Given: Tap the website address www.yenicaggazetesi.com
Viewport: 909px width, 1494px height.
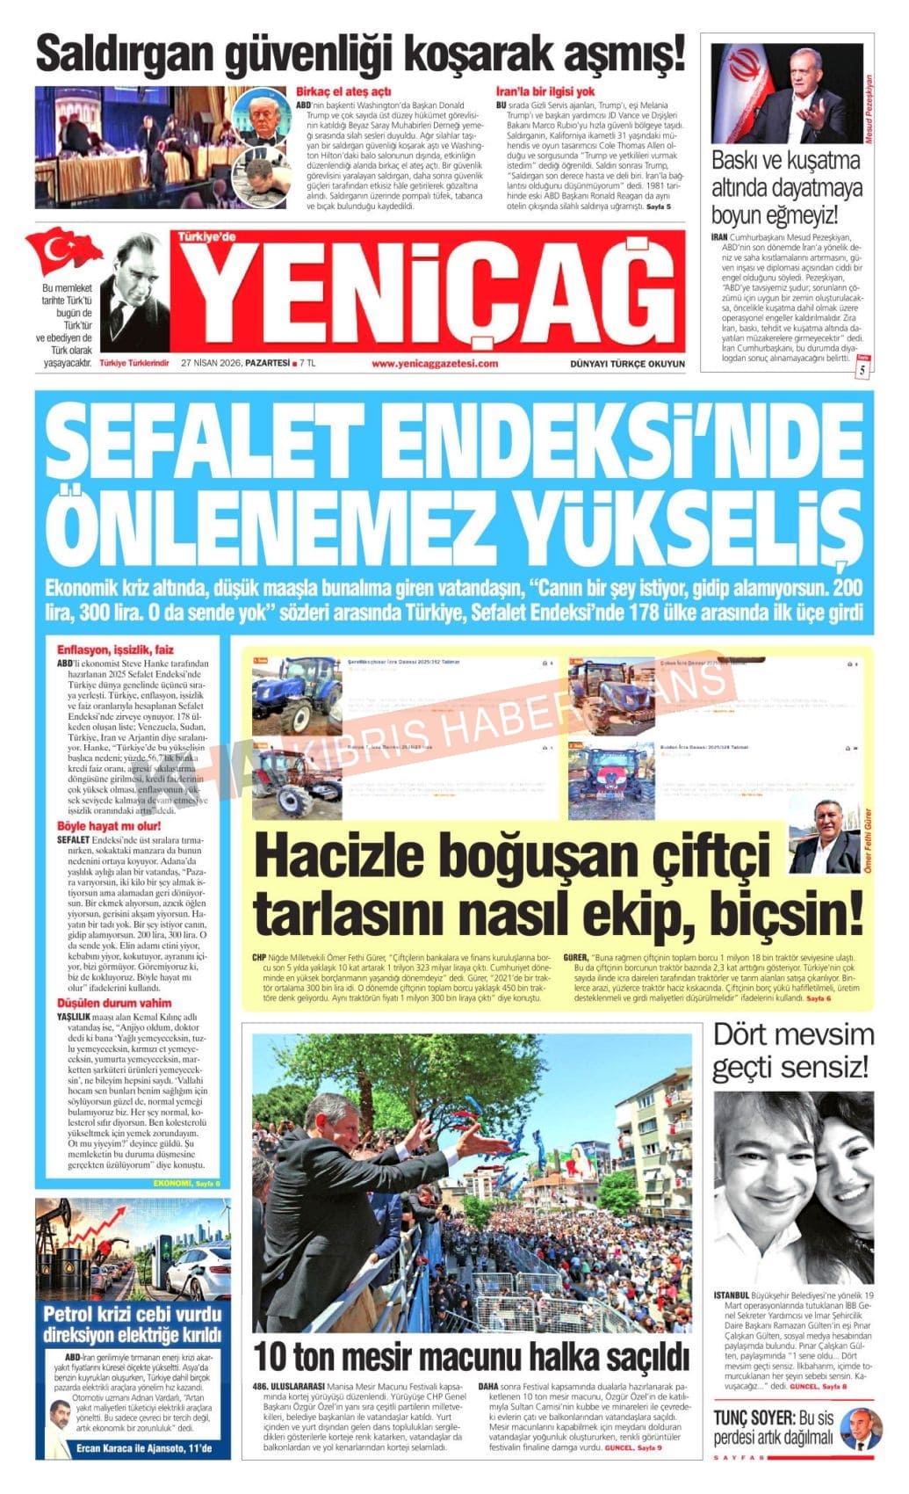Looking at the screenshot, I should coord(434,363).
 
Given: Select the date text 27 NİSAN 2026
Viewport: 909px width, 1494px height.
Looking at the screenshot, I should coord(211,363).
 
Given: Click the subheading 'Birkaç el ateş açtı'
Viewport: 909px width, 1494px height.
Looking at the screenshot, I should coord(343,91).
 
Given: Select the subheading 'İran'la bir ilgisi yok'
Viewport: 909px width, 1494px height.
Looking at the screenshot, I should coord(545,91).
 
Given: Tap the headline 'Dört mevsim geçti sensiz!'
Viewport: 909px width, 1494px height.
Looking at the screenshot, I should coord(792,1051).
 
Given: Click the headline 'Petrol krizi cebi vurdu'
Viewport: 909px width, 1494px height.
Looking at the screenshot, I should coord(133,1315).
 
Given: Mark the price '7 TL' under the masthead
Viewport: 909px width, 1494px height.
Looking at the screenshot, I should coord(307,363).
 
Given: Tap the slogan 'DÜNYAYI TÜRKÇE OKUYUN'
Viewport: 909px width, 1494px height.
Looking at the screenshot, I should coord(626,363).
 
